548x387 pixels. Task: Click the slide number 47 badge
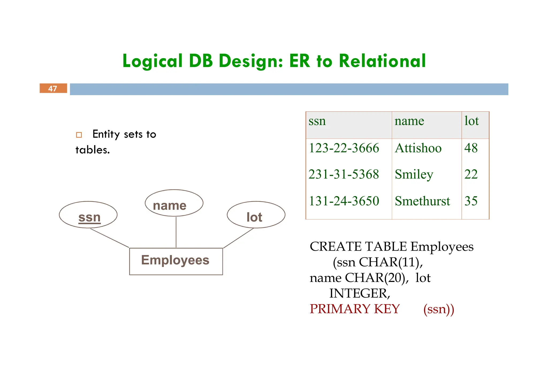point(53,88)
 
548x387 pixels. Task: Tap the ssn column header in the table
point(317,121)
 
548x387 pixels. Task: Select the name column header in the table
point(409,121)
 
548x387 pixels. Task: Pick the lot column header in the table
point(471,121)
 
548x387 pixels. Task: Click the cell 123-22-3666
point(344,148)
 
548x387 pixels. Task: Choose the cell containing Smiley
point(414,175)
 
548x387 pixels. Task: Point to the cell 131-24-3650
point(344,201)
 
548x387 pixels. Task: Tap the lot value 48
point(471,148)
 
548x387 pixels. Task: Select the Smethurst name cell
point(422,201)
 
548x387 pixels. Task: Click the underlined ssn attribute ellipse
point(88,215)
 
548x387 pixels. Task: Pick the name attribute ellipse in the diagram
point(174,203)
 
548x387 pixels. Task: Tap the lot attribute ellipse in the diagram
point(256,215)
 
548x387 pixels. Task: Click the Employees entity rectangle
point(176,261)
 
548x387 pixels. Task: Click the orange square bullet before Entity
point(79,135)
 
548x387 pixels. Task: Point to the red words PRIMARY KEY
point(355,309)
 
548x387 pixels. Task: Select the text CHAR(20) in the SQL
point(376,278)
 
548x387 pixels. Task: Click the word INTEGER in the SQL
point(359,293)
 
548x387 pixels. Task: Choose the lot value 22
point(471,175)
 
